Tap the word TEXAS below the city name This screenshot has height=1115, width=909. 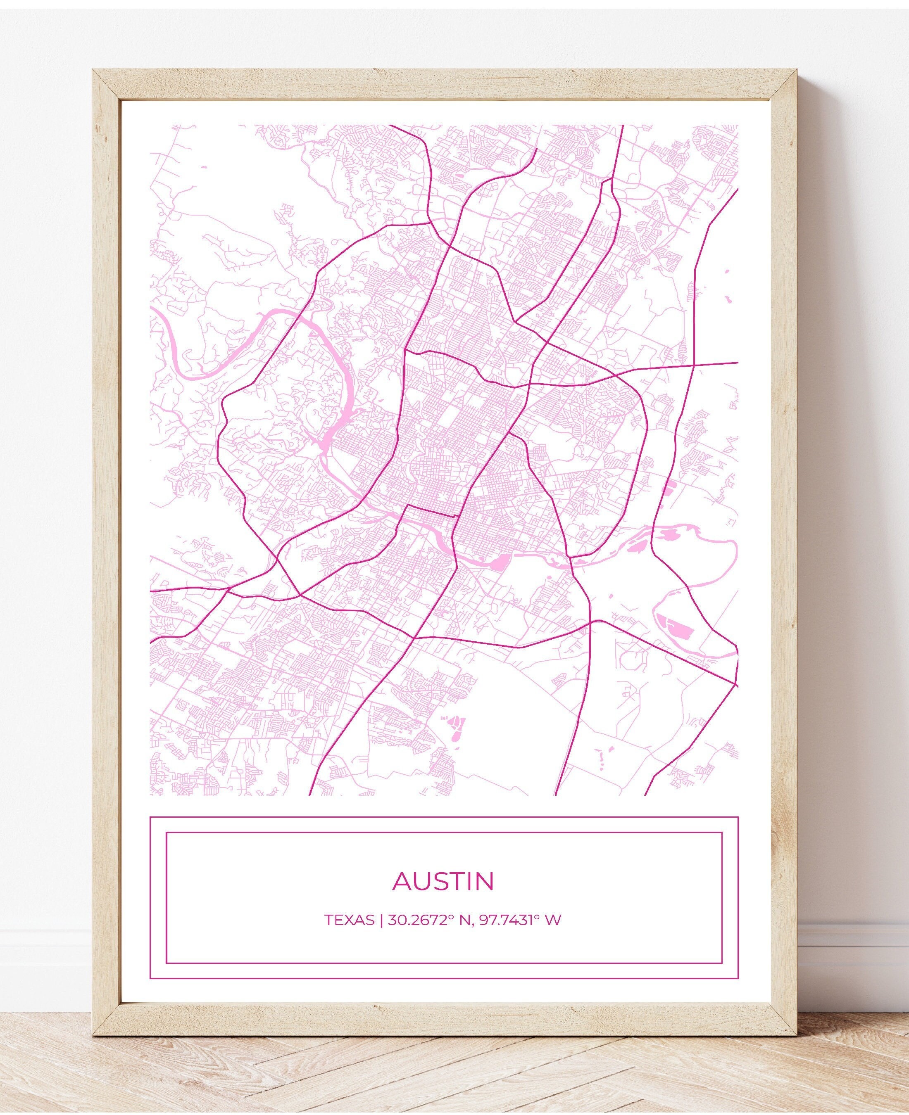coord(349,935)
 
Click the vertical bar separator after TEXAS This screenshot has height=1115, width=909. coord(382,935)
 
